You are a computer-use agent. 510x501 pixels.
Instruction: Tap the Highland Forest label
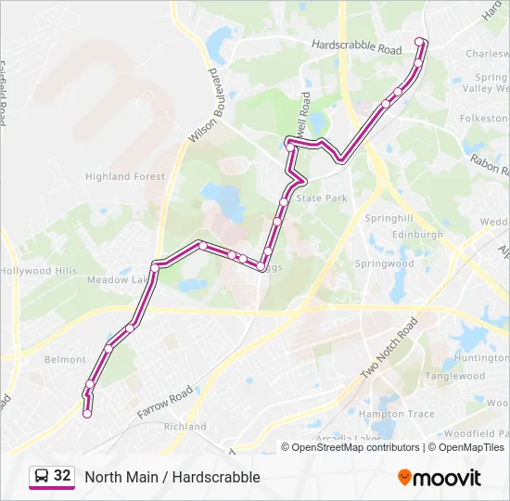(124, 176)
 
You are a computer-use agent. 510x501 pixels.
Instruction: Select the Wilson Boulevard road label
(208, 106)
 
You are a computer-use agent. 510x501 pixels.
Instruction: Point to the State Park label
(321, 199)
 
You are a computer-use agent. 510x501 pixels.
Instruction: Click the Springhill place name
(388, 218)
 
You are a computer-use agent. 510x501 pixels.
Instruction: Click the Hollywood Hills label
(39, 271)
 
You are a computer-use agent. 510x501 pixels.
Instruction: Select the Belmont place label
(65, 359)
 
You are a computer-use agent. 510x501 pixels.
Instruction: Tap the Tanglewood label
(454, 376)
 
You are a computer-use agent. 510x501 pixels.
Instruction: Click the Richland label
(185, 427)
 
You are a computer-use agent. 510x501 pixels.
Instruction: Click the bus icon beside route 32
(42, 476)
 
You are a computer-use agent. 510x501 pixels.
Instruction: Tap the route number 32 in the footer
(62, 476)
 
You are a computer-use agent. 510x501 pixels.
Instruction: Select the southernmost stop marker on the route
(87, 415)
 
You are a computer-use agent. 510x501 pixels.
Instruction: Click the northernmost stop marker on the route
(419, 41)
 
